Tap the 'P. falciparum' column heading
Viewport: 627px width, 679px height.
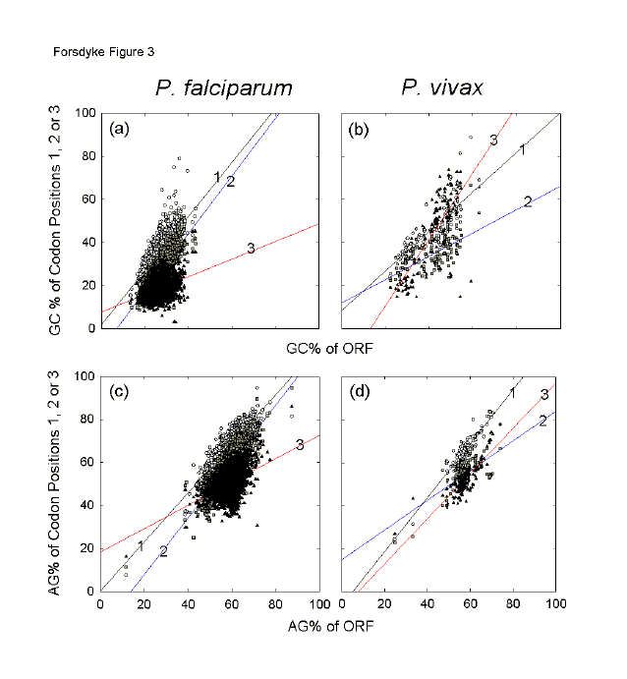coord(223,88)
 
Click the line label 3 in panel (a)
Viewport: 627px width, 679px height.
coord(251,249)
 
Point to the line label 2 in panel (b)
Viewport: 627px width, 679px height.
coord(528,201)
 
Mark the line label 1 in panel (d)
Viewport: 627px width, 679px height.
coord(512,393)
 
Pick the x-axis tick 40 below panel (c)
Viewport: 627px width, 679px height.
coord(188,606)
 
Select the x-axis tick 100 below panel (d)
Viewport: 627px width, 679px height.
coord(556,606)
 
